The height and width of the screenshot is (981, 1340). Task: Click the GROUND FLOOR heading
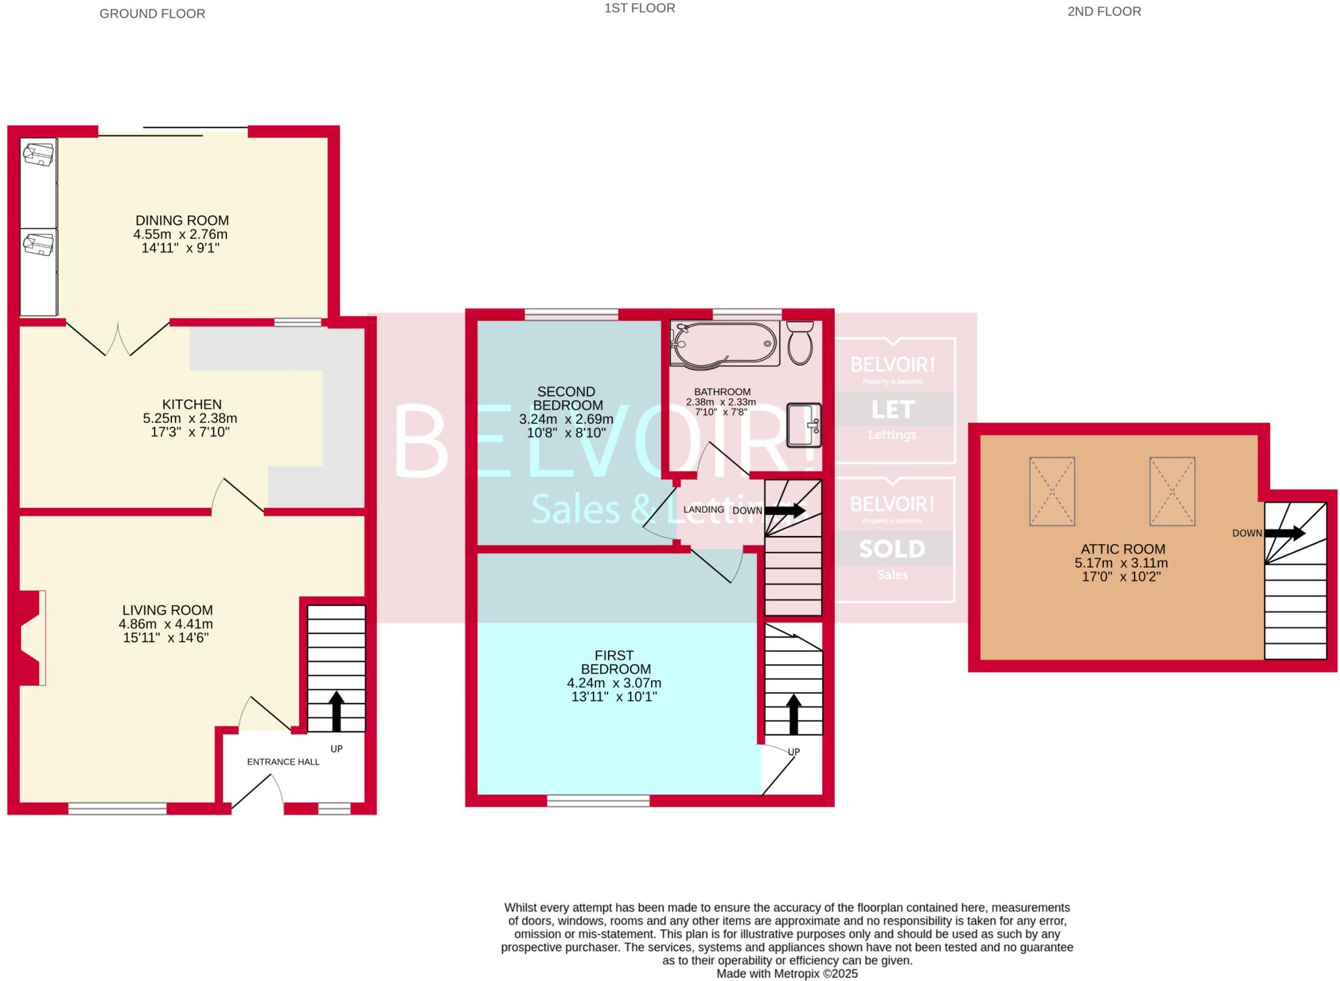(x=152, y=14)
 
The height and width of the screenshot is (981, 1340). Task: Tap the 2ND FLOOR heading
(x=1104, y=11)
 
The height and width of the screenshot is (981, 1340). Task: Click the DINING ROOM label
(x=182, y=221)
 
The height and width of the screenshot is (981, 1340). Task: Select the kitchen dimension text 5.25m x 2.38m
(x=190, y=418)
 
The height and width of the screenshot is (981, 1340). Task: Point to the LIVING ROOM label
(x=167, y=610)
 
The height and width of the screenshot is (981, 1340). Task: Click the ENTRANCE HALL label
(x=283, y=762)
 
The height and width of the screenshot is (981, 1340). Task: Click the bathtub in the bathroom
(x=725, y=343)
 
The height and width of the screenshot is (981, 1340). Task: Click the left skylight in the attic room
(x=1051, y=491)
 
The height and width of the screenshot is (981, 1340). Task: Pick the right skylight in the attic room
(x=1172, y=491)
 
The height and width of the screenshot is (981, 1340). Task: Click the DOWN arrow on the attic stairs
(x=1285, y=533)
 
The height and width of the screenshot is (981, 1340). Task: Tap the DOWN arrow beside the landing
(x=785, y=510)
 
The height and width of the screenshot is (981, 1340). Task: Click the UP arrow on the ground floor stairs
(x=336, y=711)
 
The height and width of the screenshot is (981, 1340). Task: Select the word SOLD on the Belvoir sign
(x=892, y=549)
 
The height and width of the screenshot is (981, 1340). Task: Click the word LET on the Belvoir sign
(x=892, y=410)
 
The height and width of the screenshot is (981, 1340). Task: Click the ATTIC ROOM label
(x=1123, y=549)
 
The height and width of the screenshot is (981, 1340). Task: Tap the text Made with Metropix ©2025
(x=786, y=973)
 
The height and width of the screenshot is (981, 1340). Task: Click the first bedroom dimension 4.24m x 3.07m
(x=614, y=683)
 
